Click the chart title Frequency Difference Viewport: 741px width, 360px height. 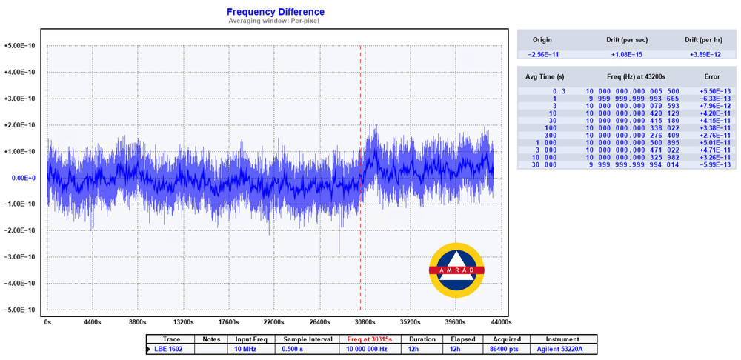point(275,12)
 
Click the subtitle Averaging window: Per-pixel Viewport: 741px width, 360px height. point(275,21)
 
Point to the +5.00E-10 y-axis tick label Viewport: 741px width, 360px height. point(20,45)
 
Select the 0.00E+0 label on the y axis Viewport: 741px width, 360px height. point(23,178)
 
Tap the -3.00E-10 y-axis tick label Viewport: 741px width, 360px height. point(20,257)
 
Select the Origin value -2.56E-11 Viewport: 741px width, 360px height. point(542,55)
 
